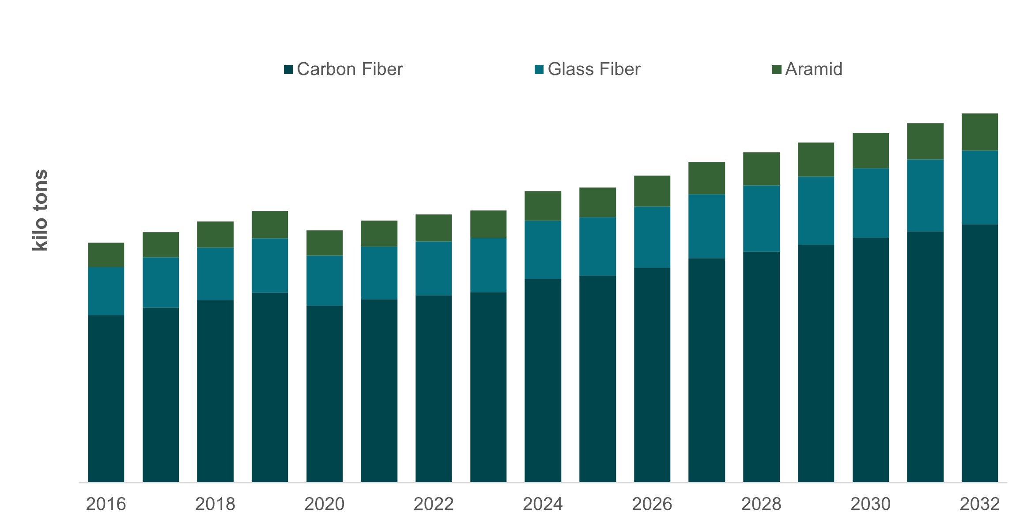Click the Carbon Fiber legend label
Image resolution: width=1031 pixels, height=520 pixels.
point(349,69)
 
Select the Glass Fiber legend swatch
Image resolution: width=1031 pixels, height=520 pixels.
point(539,69)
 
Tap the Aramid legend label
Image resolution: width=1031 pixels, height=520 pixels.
point(813,69)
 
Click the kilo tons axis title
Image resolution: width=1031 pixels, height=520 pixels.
point(40,210)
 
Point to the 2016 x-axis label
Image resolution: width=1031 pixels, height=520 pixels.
point(106,504)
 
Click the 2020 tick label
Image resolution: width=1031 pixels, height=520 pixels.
point(324,504)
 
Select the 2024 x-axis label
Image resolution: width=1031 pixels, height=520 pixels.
point(543,504)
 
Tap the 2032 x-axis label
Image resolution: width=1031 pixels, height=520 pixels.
point(979,504)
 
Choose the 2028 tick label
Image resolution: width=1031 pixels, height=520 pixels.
point(761,504)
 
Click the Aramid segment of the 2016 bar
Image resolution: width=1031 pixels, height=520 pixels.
point(106,254)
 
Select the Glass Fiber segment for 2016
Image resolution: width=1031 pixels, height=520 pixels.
point(106,291)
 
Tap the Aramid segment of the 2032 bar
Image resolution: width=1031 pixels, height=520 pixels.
point(979,132)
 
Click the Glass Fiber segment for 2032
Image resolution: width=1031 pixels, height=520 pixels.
point(979,187)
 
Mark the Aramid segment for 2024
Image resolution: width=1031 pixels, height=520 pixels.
point(543,206)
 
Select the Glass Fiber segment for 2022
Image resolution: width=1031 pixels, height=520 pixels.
point(434,268)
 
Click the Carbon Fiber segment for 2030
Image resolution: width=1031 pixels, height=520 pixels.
point(870,359)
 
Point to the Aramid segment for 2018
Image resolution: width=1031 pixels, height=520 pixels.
point(215,234)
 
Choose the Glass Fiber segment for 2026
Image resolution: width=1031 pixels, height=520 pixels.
point(652,237)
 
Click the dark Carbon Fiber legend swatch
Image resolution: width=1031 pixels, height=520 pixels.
point(288,69)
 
